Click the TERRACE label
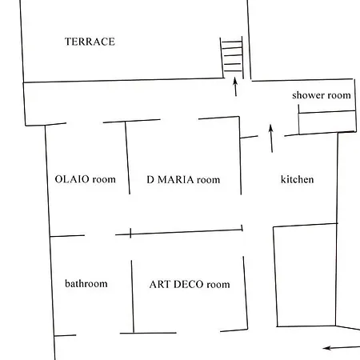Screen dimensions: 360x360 tap(90, 42)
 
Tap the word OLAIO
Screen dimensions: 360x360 tap(72, 179)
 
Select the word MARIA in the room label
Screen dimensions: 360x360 tap(175, 179)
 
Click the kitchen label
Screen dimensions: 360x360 tap(297, 179)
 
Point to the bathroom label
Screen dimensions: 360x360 tap(86, 283)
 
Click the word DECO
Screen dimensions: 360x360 tap(189, 284)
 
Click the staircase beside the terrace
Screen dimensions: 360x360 tap(232, 58)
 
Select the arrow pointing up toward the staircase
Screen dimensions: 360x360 tap(235, 86)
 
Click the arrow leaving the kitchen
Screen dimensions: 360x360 tap(271, 138)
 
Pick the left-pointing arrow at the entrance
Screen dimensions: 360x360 tap(342, 347)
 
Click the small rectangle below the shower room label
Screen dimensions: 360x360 tap(327, 122)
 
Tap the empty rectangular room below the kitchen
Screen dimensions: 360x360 tap(306, 275)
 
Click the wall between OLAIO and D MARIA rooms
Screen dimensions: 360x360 tap(127, 158)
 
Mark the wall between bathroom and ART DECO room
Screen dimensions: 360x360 tap(132, 297)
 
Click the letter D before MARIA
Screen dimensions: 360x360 tap(150, 179)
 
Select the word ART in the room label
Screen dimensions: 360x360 tap(160, 284)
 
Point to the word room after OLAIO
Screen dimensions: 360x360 tap(104, 179)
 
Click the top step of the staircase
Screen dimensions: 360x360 tap(231, 42)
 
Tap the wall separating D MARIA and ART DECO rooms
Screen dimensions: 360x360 tap(178, 232)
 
